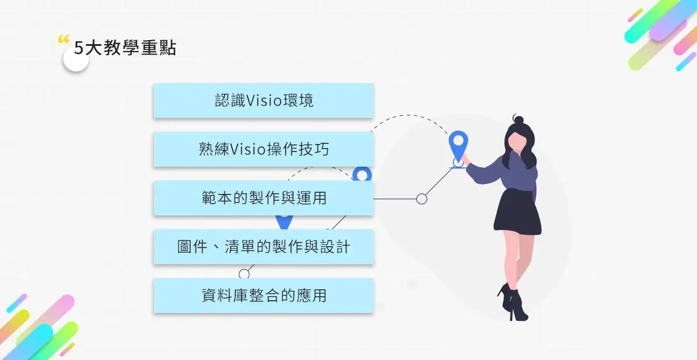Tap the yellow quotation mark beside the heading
(x=63, y=40)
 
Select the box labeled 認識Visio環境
(x=263, y=100)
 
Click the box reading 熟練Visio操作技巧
(x=263, y=149)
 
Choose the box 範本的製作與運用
(x=263, y=198)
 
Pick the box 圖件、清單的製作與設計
(x=263, y=247)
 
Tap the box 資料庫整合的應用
(x=263, y=296)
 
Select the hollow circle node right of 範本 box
(x=422, y=199)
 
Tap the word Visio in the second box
(x=248, y=149)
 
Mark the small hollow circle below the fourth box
(x=244, y=273)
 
